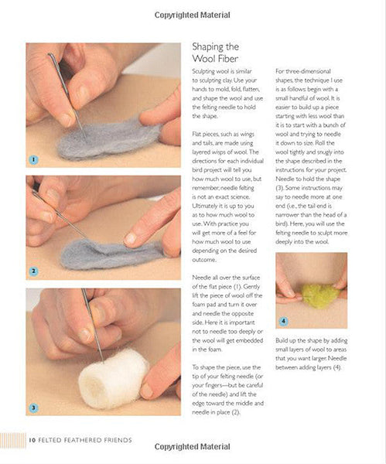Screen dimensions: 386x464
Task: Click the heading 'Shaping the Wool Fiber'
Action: click(216, 53)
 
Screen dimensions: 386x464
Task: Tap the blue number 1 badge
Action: click(33, 160)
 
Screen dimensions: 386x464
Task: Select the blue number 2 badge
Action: click(33, 271)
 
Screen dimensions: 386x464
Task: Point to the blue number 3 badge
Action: click(33, 408)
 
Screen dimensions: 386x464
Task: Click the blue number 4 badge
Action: click(284, 321)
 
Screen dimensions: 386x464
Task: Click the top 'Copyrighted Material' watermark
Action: click(192, 15)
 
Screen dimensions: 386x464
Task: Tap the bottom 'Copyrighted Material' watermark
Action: click(192, 446)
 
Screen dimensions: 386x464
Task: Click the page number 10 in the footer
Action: click(32, 440)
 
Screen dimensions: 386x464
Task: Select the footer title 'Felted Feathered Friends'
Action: click(85, 440)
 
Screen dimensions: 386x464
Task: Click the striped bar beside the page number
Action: click(12, 441)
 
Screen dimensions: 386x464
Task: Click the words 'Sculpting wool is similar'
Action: click(222, 71)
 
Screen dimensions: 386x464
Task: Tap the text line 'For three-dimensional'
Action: click(303, 71)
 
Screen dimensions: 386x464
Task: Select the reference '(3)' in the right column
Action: click(279, 188)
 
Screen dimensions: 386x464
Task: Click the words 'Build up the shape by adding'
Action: click(312, 340)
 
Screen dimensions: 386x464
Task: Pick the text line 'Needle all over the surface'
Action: click(226, 278)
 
